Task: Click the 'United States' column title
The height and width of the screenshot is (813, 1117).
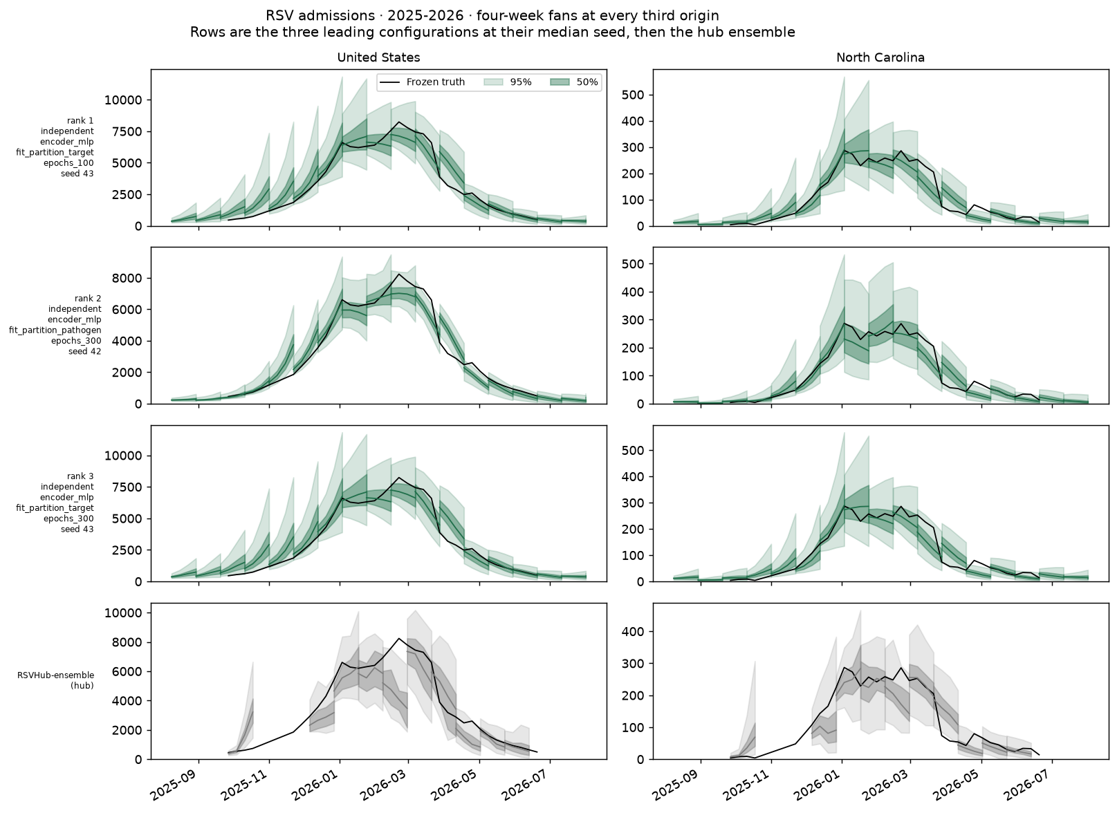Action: click(x=378, y=58)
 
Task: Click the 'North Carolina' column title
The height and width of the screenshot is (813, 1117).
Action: click(x=880, y=58)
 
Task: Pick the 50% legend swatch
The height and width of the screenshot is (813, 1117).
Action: click(x=560, y=82)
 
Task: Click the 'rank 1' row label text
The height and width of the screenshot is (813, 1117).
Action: click(x=80, y=120)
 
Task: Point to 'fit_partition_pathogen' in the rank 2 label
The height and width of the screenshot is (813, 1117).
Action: click(x=55, y=330)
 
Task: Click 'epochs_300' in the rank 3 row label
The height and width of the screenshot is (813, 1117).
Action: click(x=68, y=518)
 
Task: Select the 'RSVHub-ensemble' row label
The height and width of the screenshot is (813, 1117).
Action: click(x=56, y=675)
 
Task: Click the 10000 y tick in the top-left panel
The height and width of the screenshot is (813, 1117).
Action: click(x=123, y=100)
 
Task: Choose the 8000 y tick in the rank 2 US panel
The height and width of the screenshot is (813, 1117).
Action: click(x=127, y=278)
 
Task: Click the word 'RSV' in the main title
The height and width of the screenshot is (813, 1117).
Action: click(x=277, y=15)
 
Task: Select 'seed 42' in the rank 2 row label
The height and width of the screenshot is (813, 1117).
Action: click(x=85, y=351)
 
